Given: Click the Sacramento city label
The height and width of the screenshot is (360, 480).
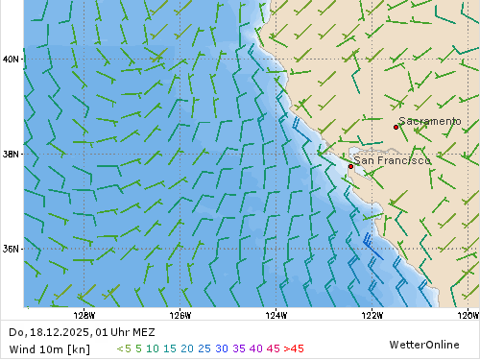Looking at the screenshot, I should (430, 121).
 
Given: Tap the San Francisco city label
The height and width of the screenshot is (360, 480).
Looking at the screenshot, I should (392, 160).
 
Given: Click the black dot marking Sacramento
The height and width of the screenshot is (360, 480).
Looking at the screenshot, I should (396, 127).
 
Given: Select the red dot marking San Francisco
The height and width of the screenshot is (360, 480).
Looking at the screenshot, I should (350, 166).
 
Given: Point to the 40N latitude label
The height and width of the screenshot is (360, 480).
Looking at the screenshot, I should (12, 60).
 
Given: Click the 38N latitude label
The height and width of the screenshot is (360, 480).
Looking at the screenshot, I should (12, 154).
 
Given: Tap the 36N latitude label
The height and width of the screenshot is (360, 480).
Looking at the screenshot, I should (12, 249).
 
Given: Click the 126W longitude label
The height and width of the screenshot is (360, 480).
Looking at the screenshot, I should (180, 315).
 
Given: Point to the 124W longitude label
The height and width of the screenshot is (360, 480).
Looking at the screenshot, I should (276, 315).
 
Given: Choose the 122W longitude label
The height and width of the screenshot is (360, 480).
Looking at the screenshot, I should (372, 315).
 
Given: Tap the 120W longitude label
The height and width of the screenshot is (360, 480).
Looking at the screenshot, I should (468, 315).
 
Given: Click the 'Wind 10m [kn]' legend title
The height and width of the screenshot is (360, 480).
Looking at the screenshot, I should (48, 348).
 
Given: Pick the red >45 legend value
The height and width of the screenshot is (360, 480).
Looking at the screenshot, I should (294, 348).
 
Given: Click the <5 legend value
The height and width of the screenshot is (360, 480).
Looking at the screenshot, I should (124, 348).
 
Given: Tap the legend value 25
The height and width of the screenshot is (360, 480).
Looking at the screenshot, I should (204, 348).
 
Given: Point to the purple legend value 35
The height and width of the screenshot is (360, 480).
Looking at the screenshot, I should (239, 348).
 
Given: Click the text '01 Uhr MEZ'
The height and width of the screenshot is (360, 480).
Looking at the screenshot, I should (126, 332).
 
